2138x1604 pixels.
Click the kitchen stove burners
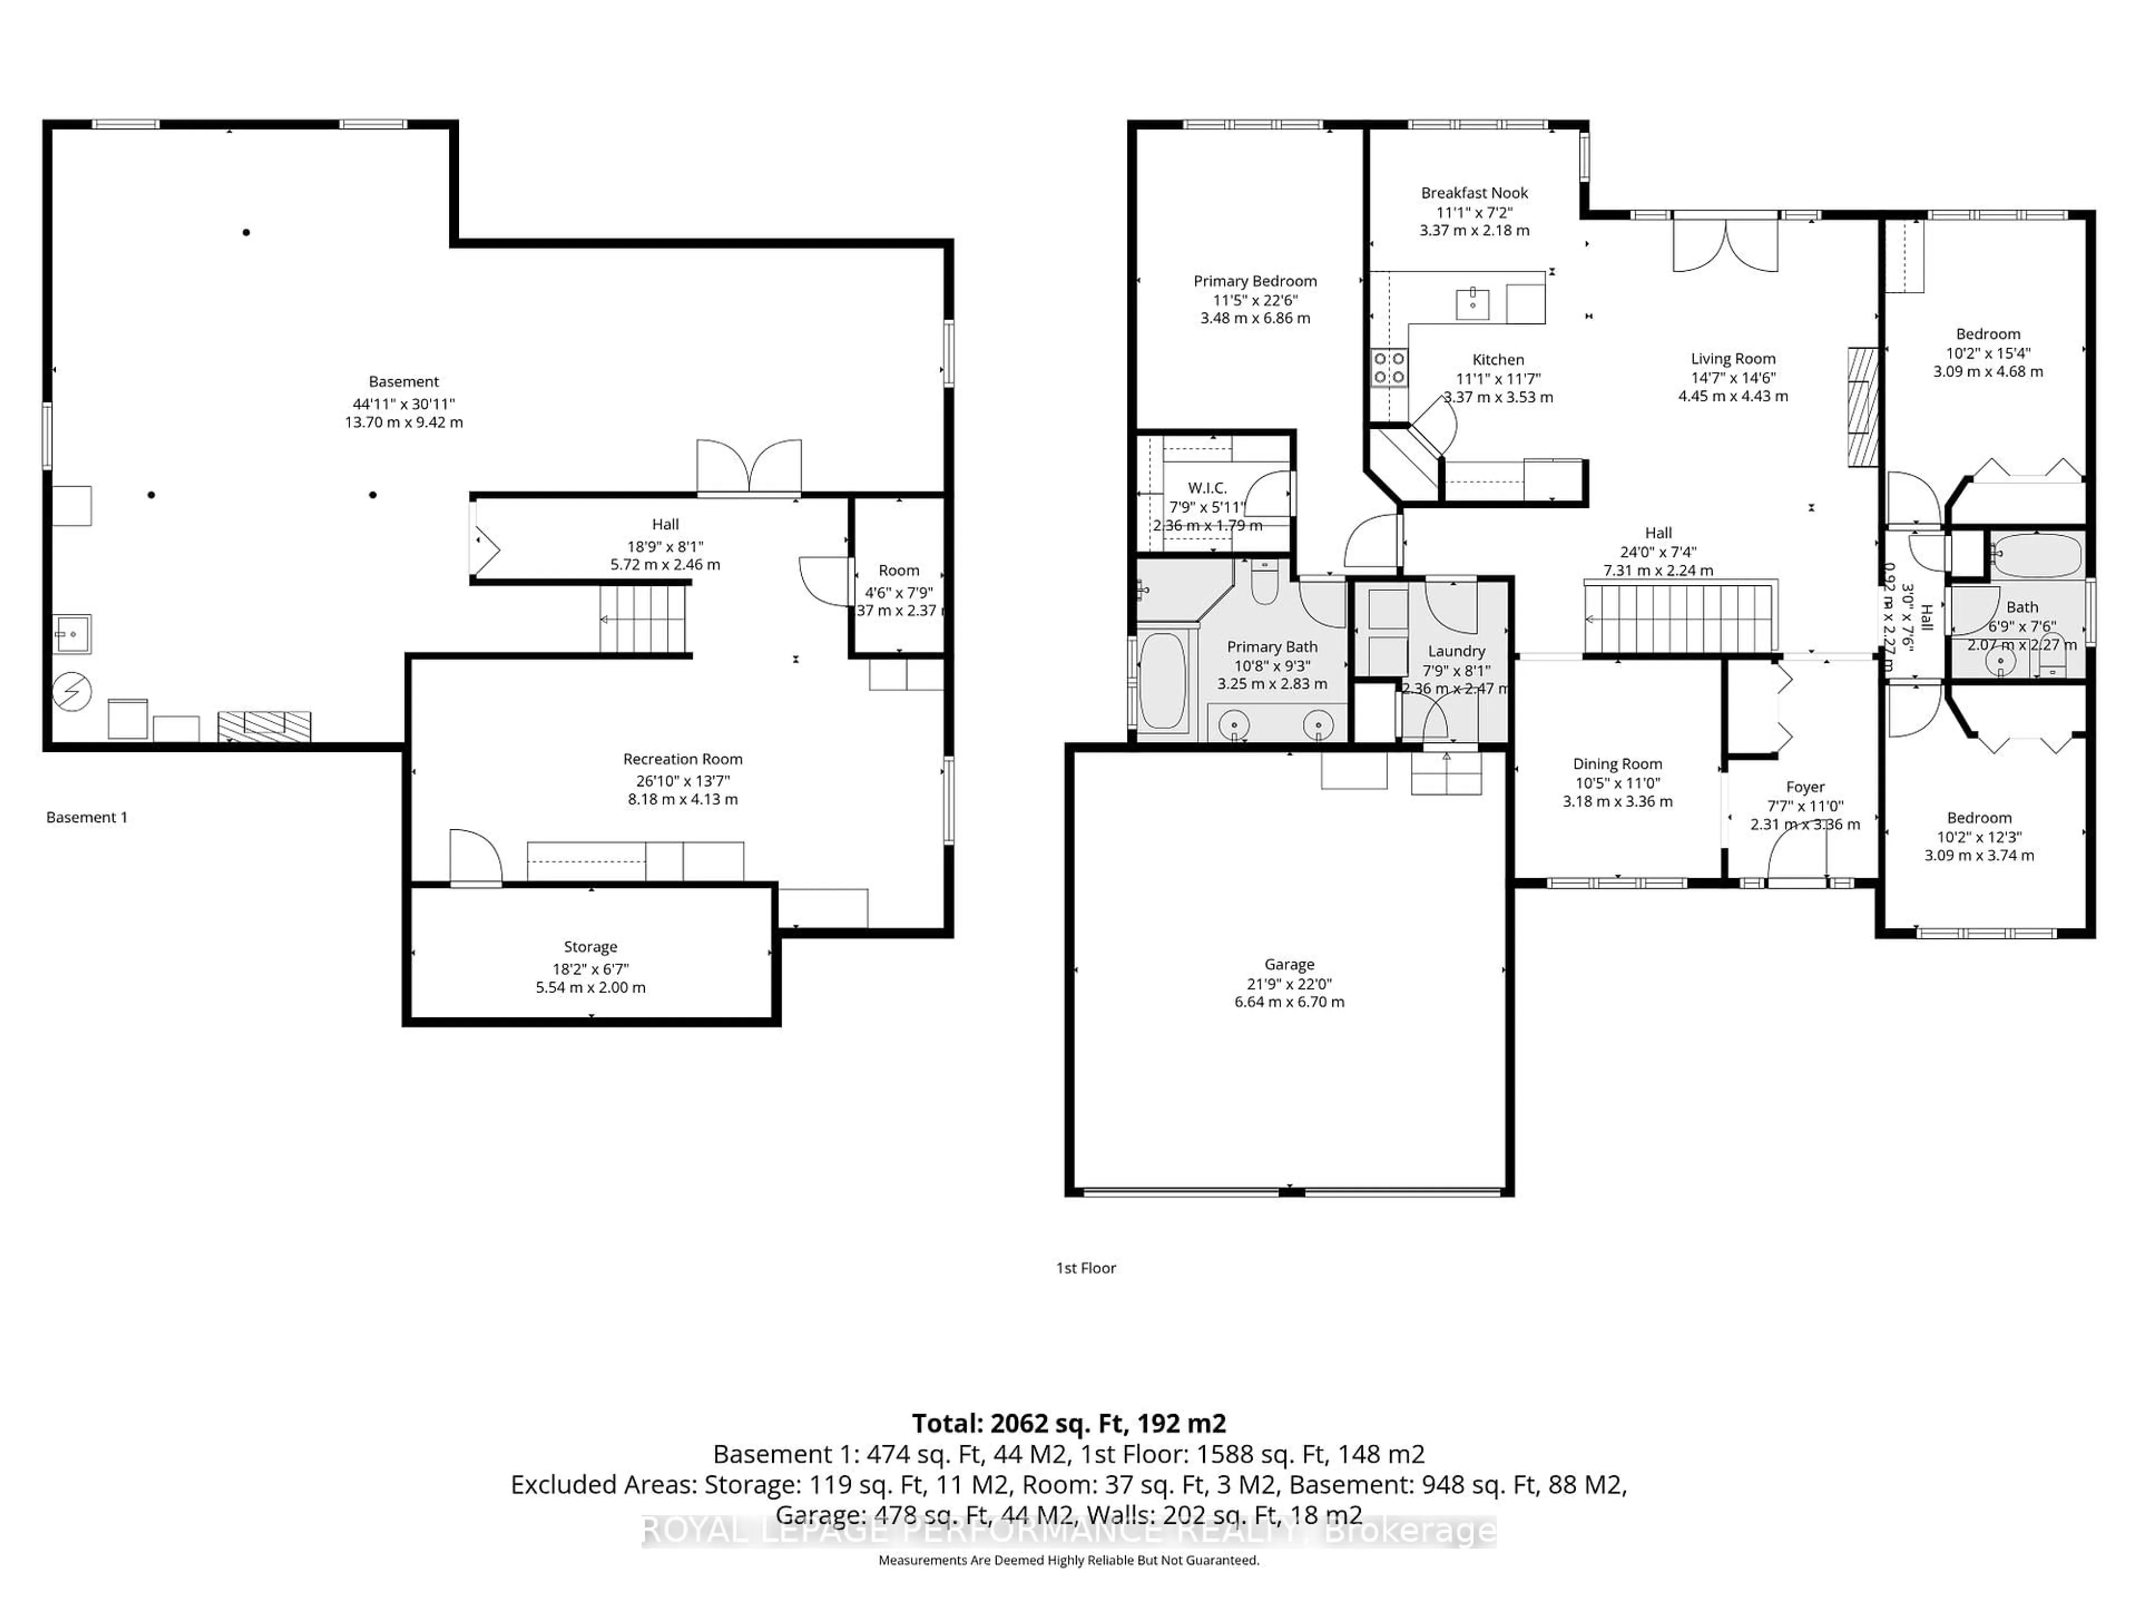[1390, 368]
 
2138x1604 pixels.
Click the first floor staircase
[1680, 619]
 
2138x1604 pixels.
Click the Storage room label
[591, 947]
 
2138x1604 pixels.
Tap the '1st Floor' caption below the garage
[1086, 1268]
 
